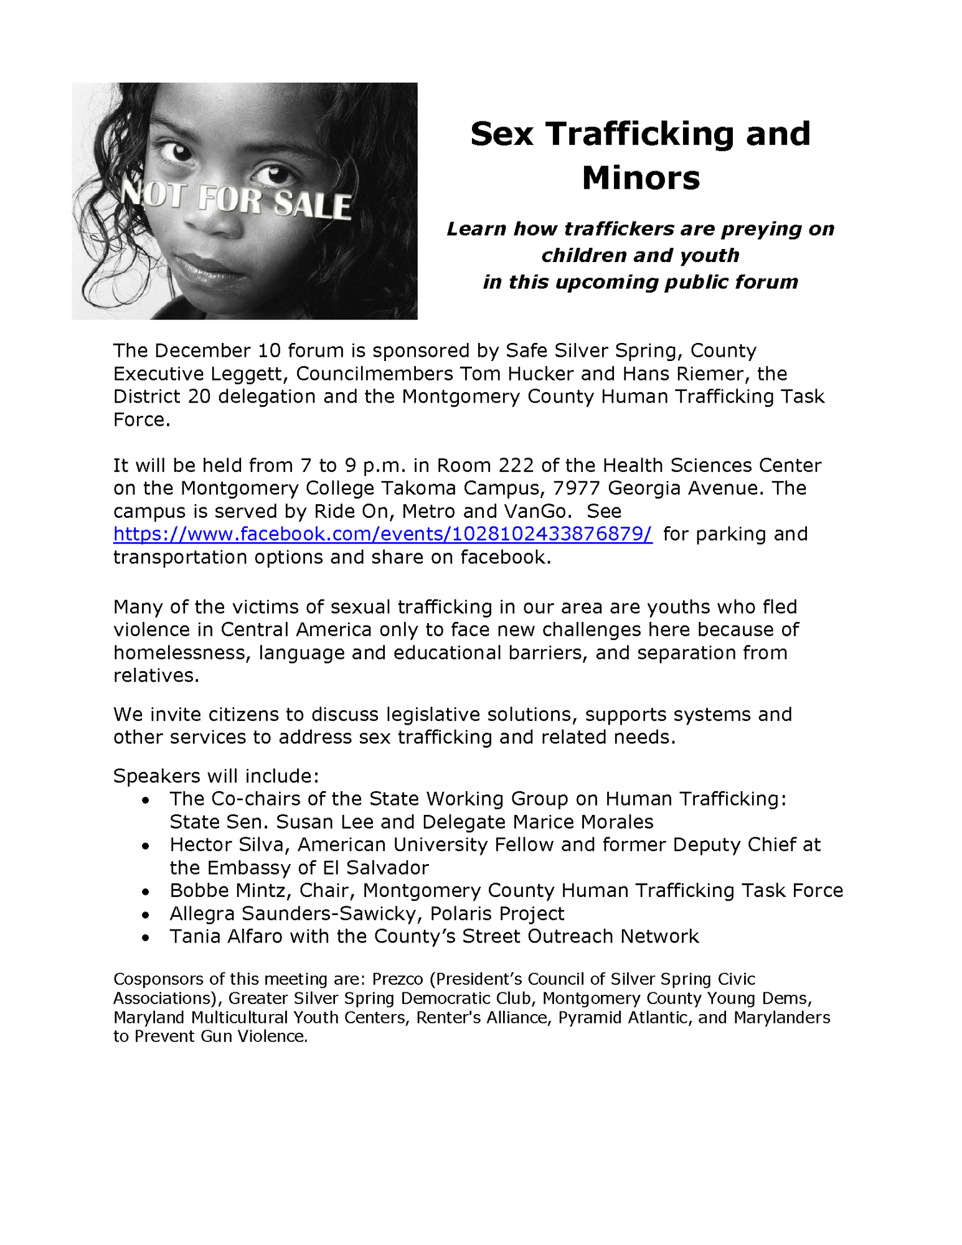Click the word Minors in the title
coord(641,178)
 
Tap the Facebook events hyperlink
coord(382,534)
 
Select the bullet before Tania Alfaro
coord(145,937)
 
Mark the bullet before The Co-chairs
coord(145,800)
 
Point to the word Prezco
coord(397,979)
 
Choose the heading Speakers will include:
coord(216,776)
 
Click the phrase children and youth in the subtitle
coord(640,255)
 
